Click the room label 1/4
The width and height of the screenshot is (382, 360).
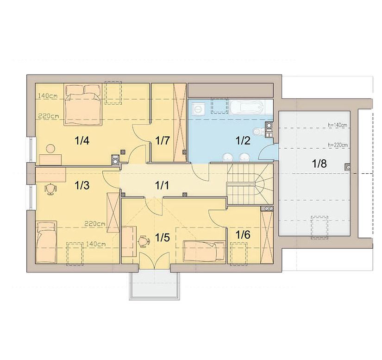[x=82, y=141]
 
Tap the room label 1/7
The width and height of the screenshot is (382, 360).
[x=162, y=141]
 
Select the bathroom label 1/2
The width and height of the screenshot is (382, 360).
[x=243, y=141]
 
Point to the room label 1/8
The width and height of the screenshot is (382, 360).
[x=319, y=164]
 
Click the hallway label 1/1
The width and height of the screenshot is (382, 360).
[x=162, y=186]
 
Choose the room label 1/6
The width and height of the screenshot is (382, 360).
[x=243, y=235]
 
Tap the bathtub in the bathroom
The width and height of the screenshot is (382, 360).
[x=246, y=107]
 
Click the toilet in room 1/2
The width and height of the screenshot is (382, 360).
[x=258, y=132]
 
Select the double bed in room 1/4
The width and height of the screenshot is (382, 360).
[x=83, y=105]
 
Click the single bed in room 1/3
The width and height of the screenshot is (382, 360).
[x=46, y=242]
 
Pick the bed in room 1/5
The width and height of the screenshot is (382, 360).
[x=204, y=251]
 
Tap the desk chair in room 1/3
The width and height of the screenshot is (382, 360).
[x=50, y=189]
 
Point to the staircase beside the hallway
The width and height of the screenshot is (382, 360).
[x=250, y=184]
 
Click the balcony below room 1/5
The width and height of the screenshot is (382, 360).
[x=155, y=285]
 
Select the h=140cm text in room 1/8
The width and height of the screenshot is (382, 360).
[x=338, y=125]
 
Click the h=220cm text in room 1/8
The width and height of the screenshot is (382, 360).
[x=338, y=145]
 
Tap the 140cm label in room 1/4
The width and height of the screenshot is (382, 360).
[x=48, y=96]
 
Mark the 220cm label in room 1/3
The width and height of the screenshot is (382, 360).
[x=95, y=223]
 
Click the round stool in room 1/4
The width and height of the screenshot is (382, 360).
[x=50, y=149]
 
